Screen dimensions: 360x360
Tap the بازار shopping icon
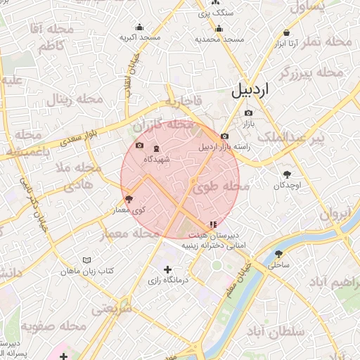click(248, 113)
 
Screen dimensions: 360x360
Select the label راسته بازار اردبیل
click(224, 147)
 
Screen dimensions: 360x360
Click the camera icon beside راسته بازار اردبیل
click(224, 136)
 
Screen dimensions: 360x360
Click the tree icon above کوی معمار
click(128, 199)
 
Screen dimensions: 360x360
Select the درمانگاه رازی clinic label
click(167, 281)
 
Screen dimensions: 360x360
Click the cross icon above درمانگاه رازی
click(167, 269)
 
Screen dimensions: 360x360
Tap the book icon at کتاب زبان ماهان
click(87, 260)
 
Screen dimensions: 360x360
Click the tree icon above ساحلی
click(279, 254)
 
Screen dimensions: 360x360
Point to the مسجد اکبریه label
click(140, 37)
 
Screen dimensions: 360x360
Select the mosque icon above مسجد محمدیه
click(219, 29)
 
